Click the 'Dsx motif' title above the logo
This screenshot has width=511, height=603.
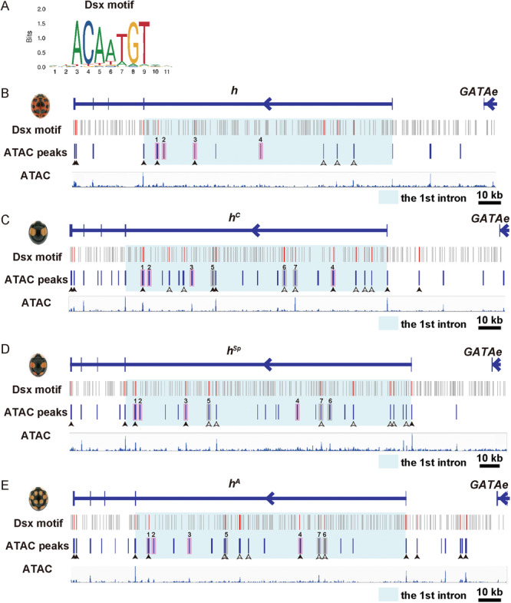click(x=109, y=5)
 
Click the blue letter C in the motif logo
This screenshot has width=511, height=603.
click(x=88, y=42)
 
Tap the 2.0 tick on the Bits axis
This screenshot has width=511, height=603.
click(x=41, y=9)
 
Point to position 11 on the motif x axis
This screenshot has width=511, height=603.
click(x=166, y=71)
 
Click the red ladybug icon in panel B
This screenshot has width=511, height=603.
click(x=41, y=106)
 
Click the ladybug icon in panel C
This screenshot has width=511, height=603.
click(x=38, y=232)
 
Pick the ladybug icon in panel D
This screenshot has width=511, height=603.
click(x=38, y=365)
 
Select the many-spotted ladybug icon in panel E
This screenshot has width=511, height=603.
click(x=38, y=498)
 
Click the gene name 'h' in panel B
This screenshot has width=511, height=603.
click(x=234, y=91)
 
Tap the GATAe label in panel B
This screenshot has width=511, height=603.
click(x=478, y=91)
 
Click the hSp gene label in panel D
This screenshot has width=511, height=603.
click(x=233, y=350)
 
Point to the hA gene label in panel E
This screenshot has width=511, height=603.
click(x=234, y=483)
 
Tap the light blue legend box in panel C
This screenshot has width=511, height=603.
click(x=387, y=323)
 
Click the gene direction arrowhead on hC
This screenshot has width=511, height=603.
click(x=256, y=230)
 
